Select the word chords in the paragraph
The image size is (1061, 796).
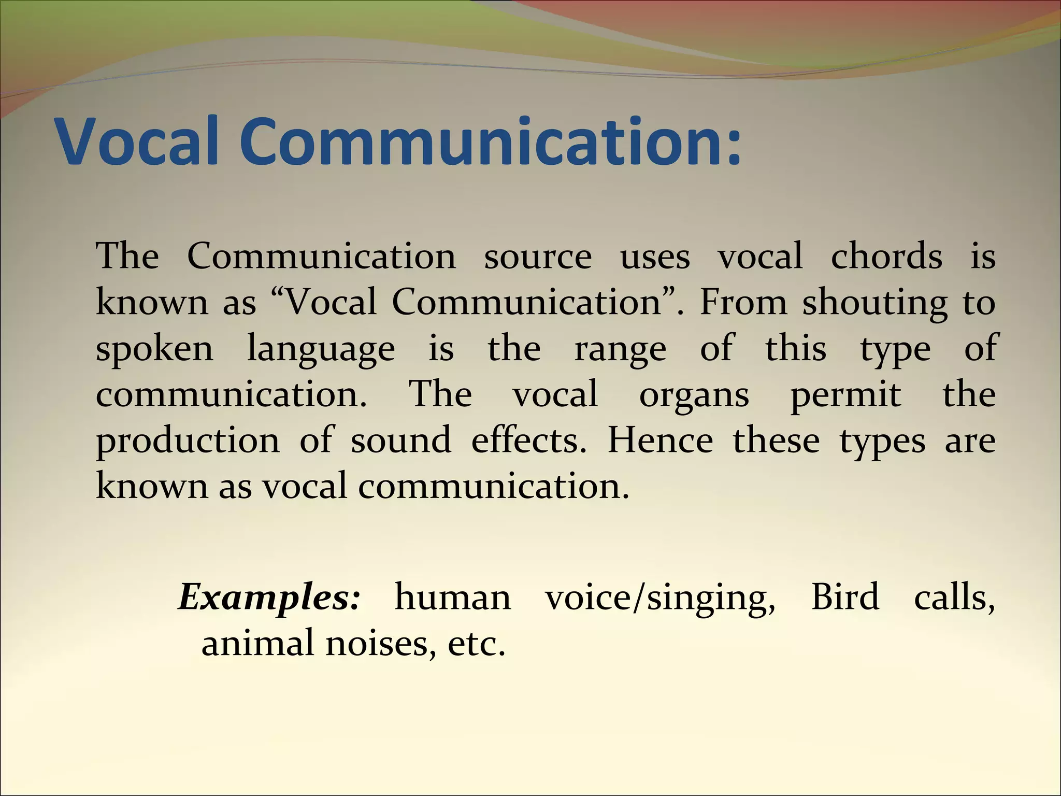click(x=886, y=256)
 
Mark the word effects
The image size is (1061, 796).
click(x=528, y=440)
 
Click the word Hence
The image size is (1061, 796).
click(x=660, y=440)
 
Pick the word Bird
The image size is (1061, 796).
click(x=845, y=597)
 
